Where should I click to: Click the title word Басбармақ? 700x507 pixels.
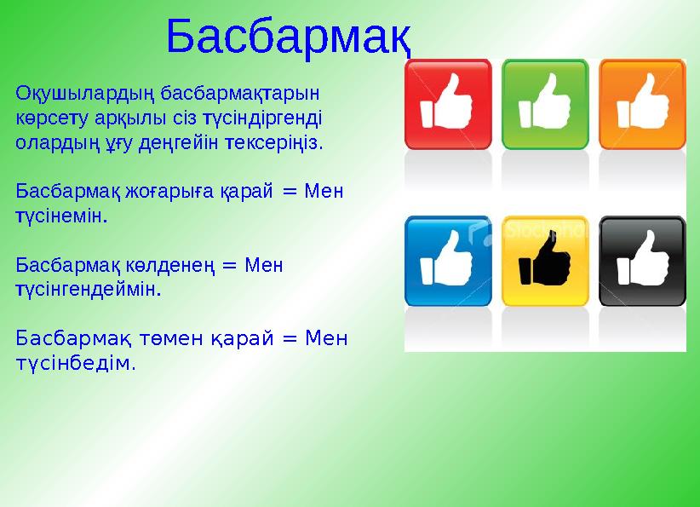[289, 37]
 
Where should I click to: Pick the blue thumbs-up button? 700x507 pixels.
[448, 261]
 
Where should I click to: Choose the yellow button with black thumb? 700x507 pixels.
[545, 261]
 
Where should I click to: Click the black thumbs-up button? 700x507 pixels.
[642, 261]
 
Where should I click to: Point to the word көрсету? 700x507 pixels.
[48, 116]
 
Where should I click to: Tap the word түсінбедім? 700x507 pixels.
[75, 364]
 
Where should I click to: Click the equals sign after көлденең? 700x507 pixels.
[229, 264]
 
